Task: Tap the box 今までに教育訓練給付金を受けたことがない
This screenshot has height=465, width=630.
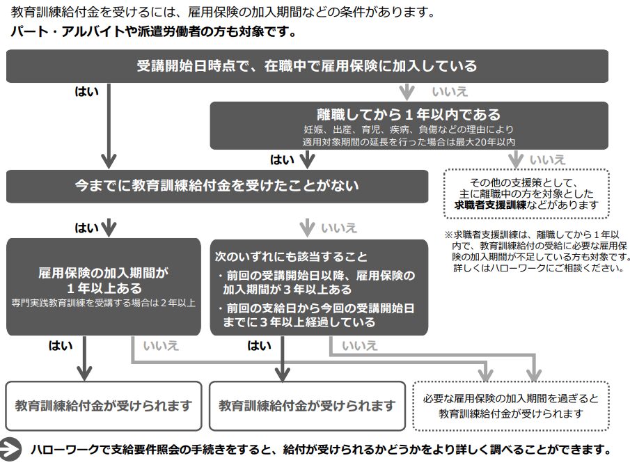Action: point(216,186)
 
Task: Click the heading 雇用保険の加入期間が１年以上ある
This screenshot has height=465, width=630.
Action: point(104,279)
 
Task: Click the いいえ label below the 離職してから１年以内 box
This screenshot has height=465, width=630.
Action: point(548,159)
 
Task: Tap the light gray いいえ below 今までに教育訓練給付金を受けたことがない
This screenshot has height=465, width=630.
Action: point(339,227)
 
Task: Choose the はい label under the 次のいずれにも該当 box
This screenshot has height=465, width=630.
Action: point(259,346)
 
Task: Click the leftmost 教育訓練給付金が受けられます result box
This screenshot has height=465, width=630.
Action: point(104,405)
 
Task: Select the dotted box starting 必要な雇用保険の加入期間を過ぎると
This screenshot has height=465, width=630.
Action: point(511,406)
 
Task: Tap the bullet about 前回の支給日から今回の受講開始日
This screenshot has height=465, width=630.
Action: point(318,315)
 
